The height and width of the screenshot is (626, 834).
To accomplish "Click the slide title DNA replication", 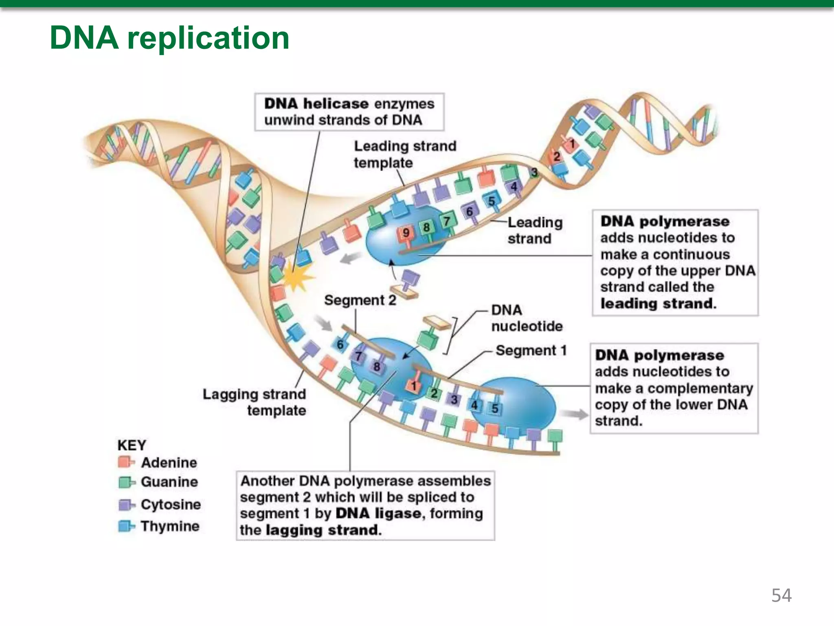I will click(x=169, y=38).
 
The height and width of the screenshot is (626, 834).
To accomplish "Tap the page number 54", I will click(x=781, y=595).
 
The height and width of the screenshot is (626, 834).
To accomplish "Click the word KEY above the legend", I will click(x=132, y=445).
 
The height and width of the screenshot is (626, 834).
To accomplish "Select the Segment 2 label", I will click(x=360, y=300).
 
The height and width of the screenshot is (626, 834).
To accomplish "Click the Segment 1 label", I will click(x=531, y=350).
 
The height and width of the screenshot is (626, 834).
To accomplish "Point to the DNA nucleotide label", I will click(x=527, y=318).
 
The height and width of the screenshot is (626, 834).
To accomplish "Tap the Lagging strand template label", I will click(x=255, y=402).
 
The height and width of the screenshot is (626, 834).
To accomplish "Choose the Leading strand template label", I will click(x=405, y=154).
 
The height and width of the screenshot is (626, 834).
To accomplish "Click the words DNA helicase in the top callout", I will click(x=316, y=104).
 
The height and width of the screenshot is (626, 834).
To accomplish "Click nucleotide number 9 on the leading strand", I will click(x=406, y=233).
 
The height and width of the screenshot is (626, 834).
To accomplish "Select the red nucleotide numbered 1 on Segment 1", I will click(x=414, y=386).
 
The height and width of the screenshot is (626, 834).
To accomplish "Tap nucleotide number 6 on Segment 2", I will click(x=340, y=345).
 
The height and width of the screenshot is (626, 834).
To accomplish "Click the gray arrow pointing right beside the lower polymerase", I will click(x=574, y=414).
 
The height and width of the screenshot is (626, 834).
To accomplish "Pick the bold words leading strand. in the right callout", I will click(x=658, y=304).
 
